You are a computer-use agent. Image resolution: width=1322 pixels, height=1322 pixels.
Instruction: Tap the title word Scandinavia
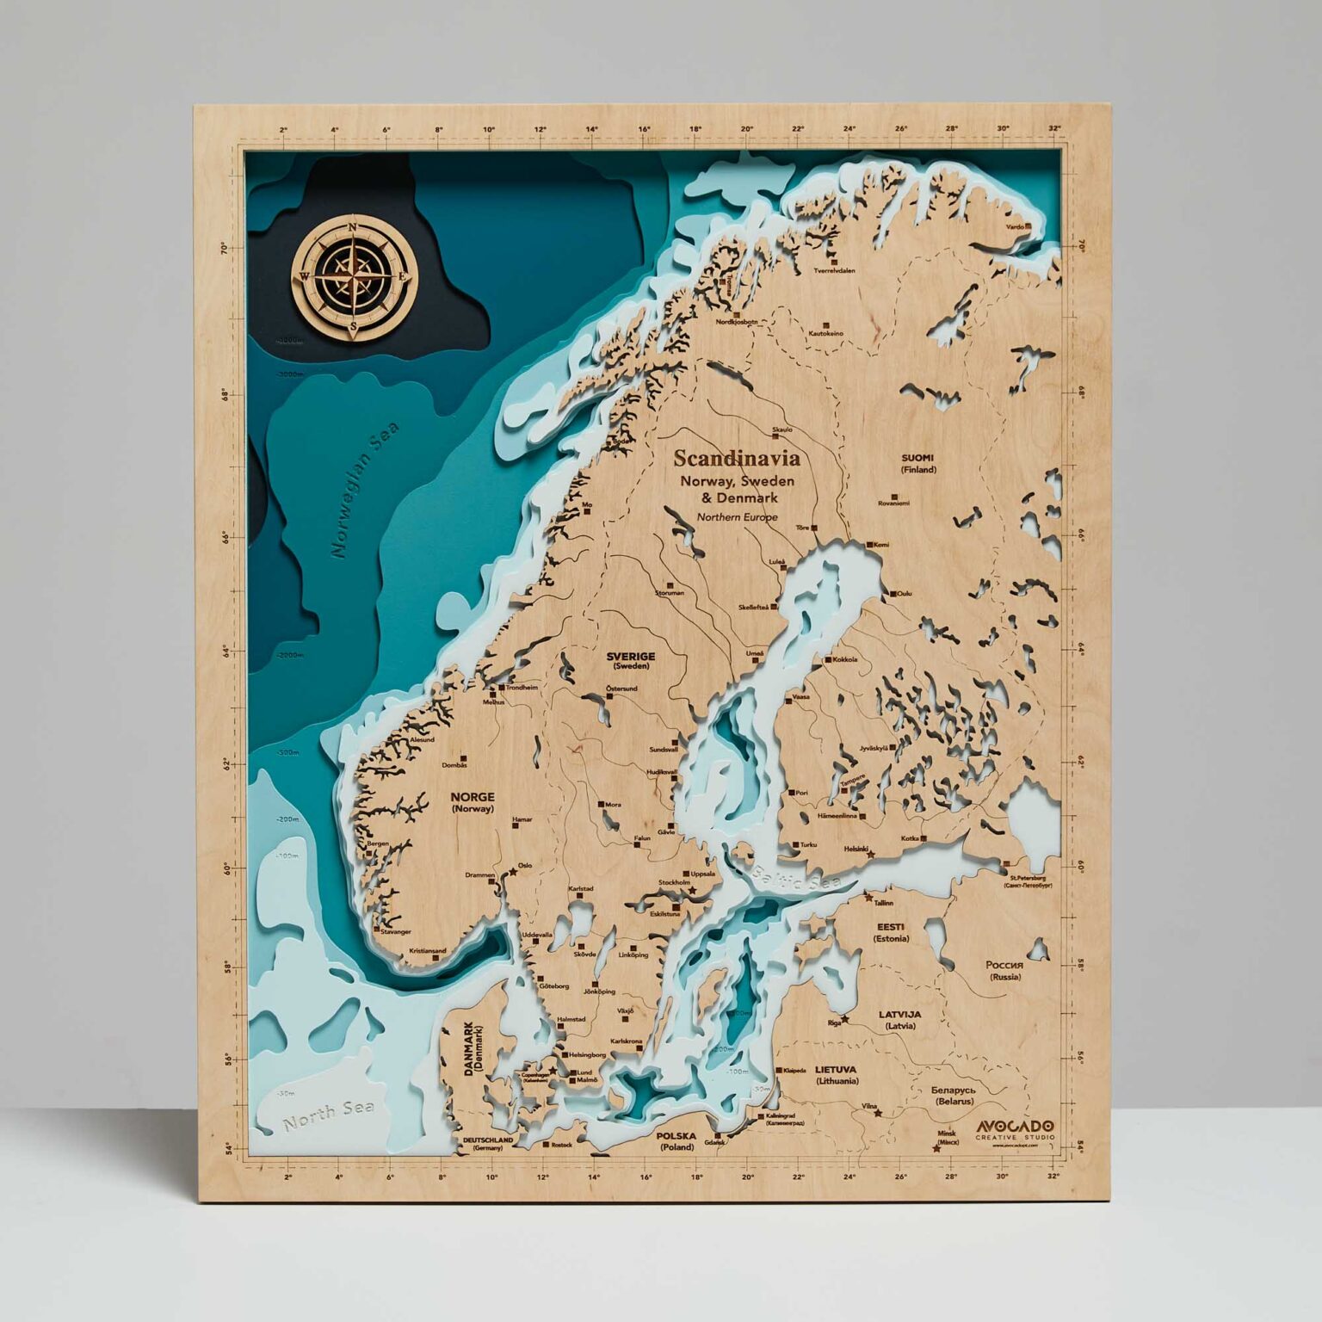pyautogui.click(x=737, y=458)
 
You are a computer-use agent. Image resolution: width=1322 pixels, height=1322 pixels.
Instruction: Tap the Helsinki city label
pyautogui.click(x=856, y=848)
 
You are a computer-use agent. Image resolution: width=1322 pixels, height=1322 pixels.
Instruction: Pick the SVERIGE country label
pyautogui.click(x=631, y=655)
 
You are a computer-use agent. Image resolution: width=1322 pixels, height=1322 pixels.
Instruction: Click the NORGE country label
pyautogui.click(x=473, y=797)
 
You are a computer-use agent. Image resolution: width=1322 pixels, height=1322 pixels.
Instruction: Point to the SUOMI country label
pyautogui.click(x=917, y=459)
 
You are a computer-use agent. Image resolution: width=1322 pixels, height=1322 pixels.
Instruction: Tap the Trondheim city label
pyautogui.click(x=522, y=688)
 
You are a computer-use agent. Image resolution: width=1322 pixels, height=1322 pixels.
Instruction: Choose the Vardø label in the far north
pyautogui.click(x=1016, y=226)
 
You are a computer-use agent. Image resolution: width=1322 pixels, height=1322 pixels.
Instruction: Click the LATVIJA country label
pyautogui.click(x=899, y=1015)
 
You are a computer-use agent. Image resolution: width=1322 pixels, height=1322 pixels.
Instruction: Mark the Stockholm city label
pyautogui.click(x=675, y=882)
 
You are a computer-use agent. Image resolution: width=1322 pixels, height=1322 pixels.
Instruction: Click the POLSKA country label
pyautogui.click(x=676, y=1136)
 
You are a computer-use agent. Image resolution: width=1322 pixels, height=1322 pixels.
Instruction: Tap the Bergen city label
pyautogui.click(x=378, y=843)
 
